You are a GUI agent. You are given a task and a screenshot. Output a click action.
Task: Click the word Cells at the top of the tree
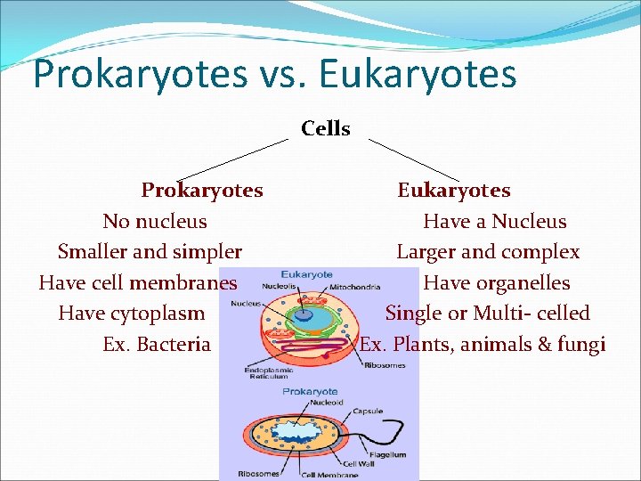click(325, 128)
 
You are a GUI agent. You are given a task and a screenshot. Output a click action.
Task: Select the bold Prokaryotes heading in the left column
click(202, 191)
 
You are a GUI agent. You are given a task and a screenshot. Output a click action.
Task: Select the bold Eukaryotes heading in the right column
click(454, 191)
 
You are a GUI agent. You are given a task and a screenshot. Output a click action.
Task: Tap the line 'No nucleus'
click(155, 221)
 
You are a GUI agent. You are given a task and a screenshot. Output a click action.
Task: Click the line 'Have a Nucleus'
click(495, 221)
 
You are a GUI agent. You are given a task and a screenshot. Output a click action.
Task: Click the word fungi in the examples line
click(582, 344)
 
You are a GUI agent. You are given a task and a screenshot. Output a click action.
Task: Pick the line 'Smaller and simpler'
click(150, 252)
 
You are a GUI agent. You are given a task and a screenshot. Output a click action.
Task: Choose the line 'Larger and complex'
click(488, 252)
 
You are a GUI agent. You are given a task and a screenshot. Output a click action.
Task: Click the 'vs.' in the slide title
click(290, 75)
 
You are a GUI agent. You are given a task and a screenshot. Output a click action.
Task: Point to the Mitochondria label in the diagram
click(354, 288)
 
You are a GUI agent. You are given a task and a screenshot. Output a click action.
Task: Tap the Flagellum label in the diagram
click(387, 454)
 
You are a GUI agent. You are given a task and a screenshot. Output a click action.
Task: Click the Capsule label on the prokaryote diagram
click(368, 411)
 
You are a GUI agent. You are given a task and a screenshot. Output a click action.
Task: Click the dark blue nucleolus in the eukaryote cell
click(304, 314)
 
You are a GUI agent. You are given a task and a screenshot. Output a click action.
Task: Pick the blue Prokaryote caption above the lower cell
click(310, 391)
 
